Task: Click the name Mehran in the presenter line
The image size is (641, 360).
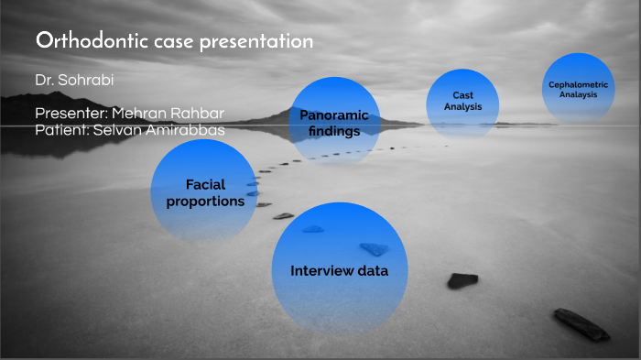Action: pyautogui.click(x=139, y=114)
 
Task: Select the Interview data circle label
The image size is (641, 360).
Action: pyautogui.click(x=339, y=271)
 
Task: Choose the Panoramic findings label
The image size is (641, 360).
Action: pyautogui.click(x=333, y=123)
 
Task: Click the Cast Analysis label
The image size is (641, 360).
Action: pyautogui.click(x=462, y=101)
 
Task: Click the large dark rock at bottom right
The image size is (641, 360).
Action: pyautogui.click(x=581, y=324)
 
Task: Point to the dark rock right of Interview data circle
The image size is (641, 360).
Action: pyautogui.click(x=462, y=280)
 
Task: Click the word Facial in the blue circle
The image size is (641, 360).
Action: pyautogui.click(x=205, y=184)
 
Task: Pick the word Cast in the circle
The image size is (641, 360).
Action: pyautogui.click(x=462, y=95)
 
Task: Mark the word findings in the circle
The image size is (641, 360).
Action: pyautogui.click(x=333, y=131)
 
